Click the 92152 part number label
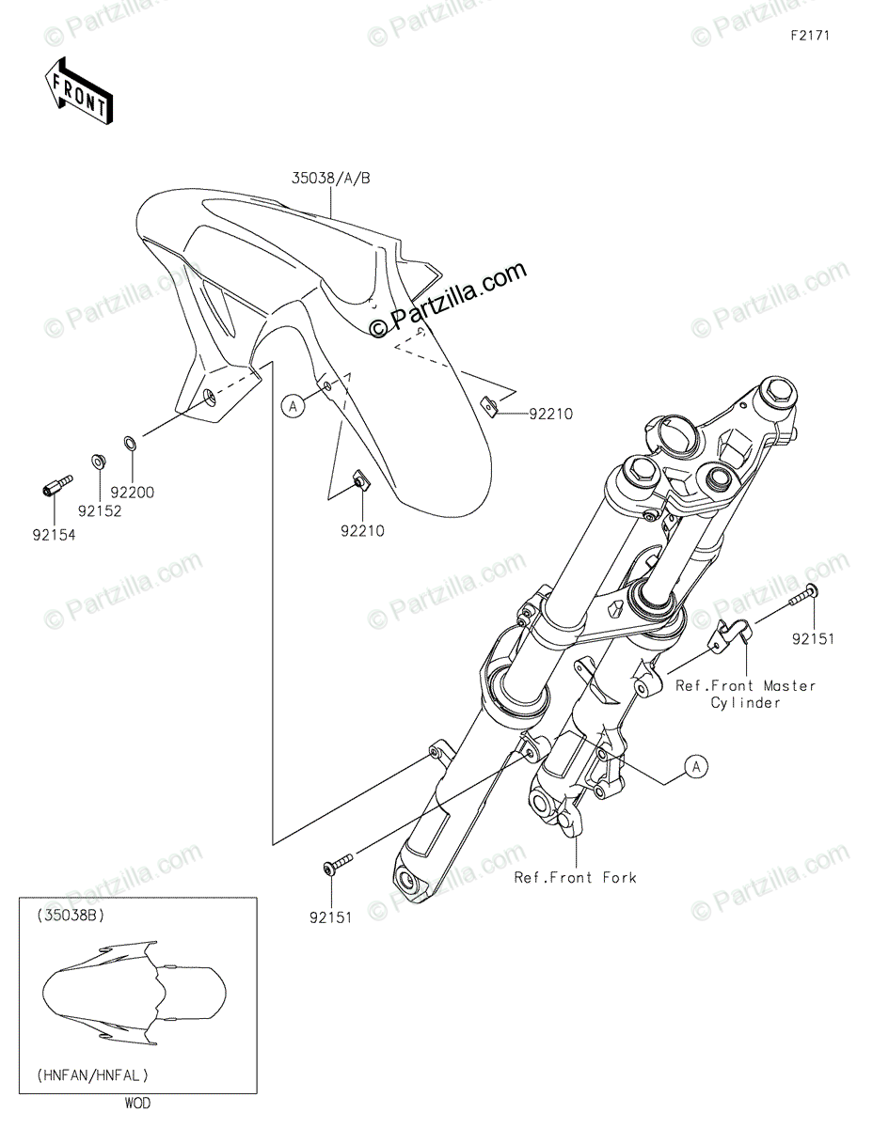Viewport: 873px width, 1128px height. [101, 510]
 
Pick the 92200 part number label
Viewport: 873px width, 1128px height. [132, 491]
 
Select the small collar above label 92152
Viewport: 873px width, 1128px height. [97, 461]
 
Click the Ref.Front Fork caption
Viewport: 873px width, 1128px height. [575, 877]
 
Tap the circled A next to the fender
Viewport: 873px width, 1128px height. [294, 405]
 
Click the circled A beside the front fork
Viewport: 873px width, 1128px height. [695, 767]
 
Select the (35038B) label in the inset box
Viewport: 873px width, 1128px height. [69, 915]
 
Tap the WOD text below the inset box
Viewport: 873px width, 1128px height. [136, 1104]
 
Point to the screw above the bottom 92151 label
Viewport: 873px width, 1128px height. [337, 863]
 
